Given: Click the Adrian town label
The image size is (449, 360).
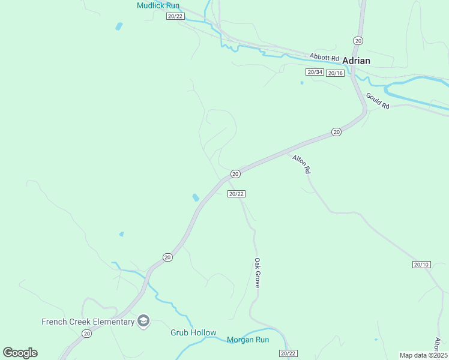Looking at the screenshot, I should tap(356, 61).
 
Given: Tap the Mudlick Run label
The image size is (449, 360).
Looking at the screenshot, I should tap(158, 5).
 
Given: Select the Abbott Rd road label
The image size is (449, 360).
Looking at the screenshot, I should tap(325, 57).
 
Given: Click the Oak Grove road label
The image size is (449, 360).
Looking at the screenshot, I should tap(257, 273).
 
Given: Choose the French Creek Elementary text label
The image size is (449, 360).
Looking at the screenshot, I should tap(88, 322).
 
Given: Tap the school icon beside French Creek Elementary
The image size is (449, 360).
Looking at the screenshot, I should tap(143, 322).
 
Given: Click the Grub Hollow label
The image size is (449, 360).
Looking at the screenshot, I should tap(193, 332).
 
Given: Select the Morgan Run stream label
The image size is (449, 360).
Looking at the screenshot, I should tap(248, 340).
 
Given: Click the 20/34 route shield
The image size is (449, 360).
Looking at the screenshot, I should tap(315, 72).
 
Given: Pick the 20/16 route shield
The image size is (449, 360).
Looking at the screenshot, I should tap(336, 73).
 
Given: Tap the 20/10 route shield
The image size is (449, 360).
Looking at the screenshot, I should tap(421, 265).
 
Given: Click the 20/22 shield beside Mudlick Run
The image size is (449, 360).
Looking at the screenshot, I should tap(175, 16).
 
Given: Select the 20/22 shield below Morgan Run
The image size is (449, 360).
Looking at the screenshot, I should tap(288, 353).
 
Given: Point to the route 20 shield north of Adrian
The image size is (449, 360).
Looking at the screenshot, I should tap(358, 40).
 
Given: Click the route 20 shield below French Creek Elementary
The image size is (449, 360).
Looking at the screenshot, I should tap(86, 334).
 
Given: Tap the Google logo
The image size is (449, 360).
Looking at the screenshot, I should tap(20, 353).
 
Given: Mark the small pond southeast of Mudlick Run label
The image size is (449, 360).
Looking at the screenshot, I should tap(119, 26).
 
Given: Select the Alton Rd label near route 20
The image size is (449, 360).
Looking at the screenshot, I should tap(301, 164).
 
